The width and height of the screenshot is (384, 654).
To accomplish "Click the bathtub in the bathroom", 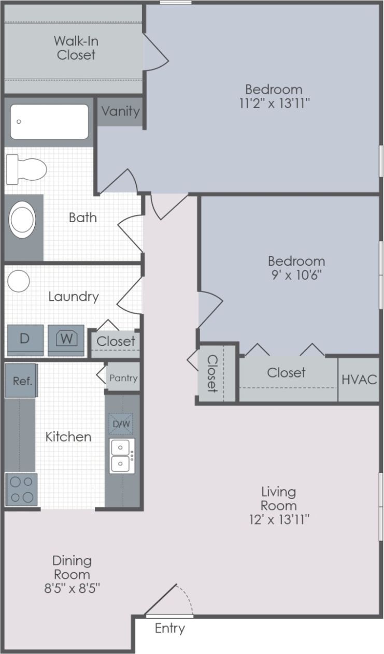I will (x=49, y=122).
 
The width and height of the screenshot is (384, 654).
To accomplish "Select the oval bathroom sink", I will (x=23, y=220).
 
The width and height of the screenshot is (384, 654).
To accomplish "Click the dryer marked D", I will (x=24, y=339).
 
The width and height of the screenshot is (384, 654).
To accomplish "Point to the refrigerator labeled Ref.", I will (x=22, y=381).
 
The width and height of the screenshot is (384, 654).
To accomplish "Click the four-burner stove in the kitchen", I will (x=21, y=489).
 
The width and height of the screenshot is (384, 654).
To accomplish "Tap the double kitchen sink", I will (x=122, y=456).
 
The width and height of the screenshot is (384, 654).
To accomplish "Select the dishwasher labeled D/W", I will (x=121, y=424).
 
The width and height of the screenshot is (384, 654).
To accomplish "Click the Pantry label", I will (x=123, y=378).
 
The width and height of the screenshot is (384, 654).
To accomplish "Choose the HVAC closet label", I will (x=359, y=379).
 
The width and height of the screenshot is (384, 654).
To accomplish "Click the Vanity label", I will (x=120, y=111).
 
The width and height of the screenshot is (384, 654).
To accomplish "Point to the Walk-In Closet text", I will (x=76, y=48).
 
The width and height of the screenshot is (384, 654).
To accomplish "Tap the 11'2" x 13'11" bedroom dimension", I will (x=274, y=103).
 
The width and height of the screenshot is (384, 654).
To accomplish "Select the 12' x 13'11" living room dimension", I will (x=279, y=519).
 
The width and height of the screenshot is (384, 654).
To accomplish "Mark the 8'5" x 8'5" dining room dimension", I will (x=72, y=588).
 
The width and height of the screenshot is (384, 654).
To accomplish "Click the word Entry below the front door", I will (x=169, y=629).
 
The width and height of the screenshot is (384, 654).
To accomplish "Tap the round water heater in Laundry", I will (x=19, y=281).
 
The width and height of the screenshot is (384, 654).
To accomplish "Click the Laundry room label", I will (x=73, y=297).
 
